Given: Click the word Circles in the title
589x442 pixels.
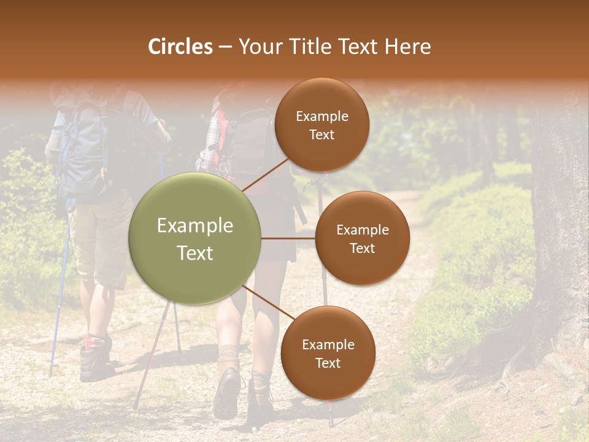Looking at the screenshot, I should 180,47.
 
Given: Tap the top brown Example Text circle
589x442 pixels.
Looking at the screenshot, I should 321,125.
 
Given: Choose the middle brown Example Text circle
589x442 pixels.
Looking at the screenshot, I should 362,238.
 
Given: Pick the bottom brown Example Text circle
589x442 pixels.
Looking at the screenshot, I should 328,353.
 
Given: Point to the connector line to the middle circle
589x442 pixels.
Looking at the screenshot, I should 288,238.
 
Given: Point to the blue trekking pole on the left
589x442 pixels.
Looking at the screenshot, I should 60,295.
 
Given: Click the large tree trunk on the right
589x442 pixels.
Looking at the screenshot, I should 558,215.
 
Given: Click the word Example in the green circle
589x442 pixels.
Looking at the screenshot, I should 195,226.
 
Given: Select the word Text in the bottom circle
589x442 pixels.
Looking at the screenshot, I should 328,363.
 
